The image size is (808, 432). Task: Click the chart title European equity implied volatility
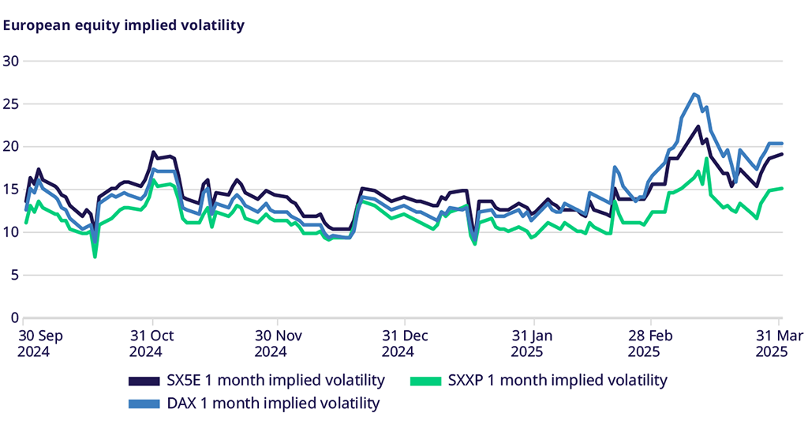(x=124, y=25)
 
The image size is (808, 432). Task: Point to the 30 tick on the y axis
(x=11, y=61)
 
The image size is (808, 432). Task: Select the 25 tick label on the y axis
(x=11, y=103)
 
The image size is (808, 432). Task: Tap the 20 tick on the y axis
(x=11, y=146)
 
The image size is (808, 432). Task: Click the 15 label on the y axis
(x=11, y=190)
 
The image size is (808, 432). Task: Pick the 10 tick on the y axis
(x=11, y=232)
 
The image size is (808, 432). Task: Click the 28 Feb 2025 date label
(x=652, y=344)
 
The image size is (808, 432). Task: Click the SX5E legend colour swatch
(x=141, y=381)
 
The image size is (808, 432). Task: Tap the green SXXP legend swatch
(x=424, y=381)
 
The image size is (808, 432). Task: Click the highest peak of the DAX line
(x=694, y=94)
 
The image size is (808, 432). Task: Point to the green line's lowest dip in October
(x=95, y=257)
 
